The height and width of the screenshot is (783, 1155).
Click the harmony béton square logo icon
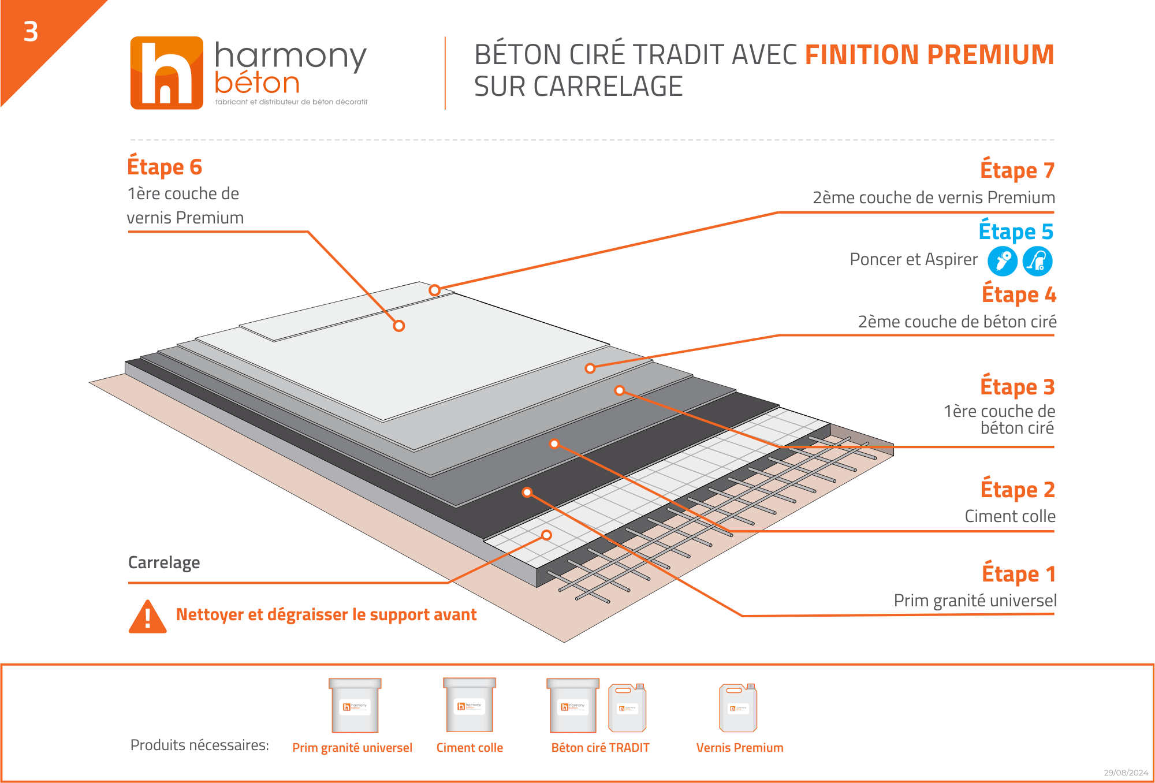coord(167,73)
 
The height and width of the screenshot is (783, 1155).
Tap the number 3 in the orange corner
coord(31,32)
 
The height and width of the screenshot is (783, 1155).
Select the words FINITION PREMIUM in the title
coord(930,55)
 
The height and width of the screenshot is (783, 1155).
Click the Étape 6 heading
coord(165,166)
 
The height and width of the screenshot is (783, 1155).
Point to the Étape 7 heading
coord(1018,170)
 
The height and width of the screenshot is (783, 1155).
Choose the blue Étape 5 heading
coord(1016,231)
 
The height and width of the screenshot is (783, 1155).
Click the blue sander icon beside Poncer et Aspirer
coord(1003,261)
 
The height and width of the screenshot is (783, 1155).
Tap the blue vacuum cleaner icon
coord(1038,261)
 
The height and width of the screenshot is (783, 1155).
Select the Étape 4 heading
coord(1019,294)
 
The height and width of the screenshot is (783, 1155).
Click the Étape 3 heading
coord(1018,386)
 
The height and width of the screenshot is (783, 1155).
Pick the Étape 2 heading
coord(1018,489)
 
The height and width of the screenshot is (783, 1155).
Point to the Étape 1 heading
coord(1019,573)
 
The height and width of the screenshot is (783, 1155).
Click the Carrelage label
coord(164,562)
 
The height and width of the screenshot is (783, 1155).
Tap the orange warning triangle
coord(148,617)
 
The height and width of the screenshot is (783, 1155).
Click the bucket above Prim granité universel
coord(355,705)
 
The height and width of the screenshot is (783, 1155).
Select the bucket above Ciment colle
coord(470,704)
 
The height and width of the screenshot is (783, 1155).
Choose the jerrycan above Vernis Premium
coord(738,707)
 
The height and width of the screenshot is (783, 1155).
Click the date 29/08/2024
coord(1126,773)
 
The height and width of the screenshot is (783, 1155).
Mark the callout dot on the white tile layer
coord(546,535)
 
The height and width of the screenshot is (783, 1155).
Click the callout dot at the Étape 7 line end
coord(435,290)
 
